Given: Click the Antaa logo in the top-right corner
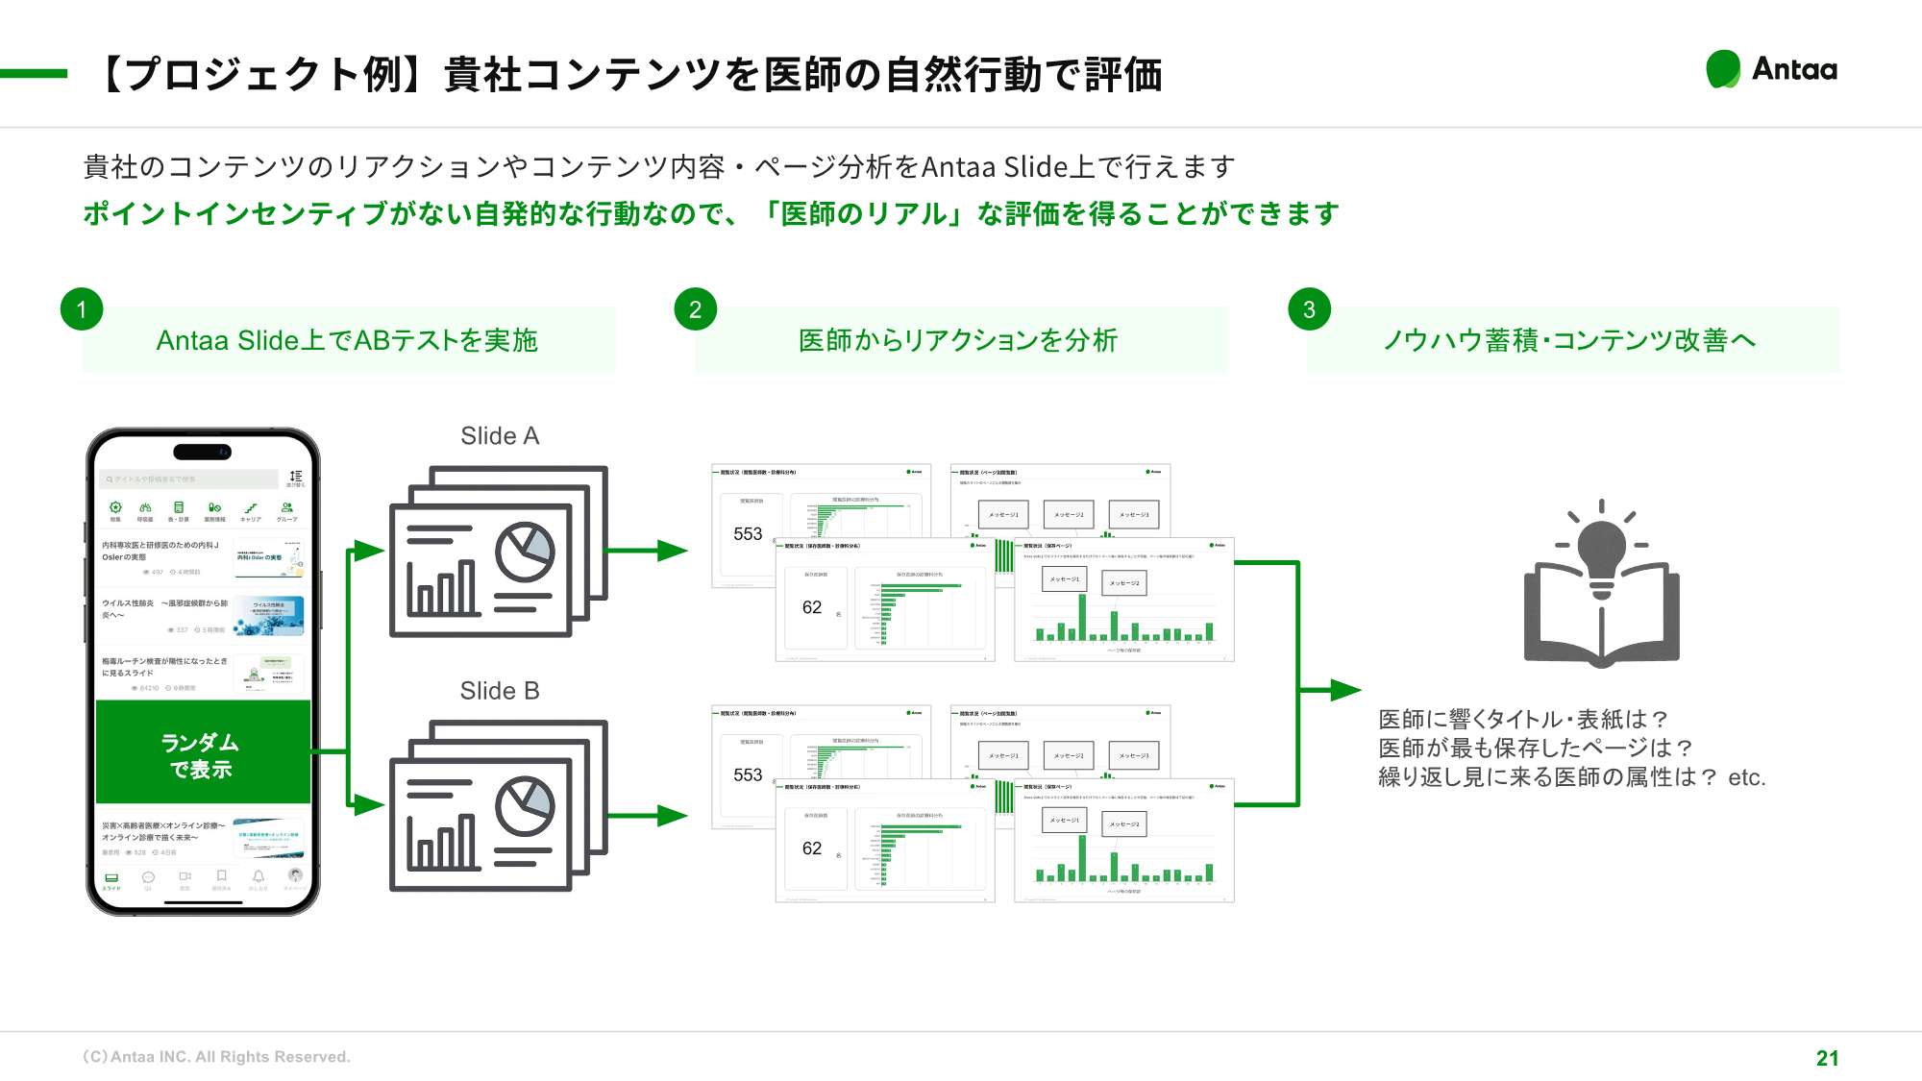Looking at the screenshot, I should [x=1771, y=69].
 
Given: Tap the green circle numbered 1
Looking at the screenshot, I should [x=82, y=309].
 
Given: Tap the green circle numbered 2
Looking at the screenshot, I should [x=695, y=309].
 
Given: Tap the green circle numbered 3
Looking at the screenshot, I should [x=1309, y=309].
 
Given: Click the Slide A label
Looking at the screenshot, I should [x=500, y=436].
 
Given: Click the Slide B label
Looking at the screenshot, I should [x=500, y=691].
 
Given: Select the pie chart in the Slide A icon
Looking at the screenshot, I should [x=525, y=552].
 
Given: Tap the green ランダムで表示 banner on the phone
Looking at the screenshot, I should [x=203, y=754].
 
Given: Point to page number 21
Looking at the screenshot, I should [x=1827, y=1058].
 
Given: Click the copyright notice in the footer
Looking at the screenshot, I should [x=216, y=1057].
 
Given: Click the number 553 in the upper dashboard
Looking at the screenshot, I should [x=748, y=534].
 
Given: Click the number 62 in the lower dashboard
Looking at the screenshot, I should [x=812, y=848].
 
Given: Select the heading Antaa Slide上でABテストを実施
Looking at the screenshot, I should [x=347, y=340].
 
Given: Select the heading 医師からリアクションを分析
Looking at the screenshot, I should [x=958, y=340].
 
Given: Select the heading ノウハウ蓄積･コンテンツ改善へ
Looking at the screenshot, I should [x=1569, y=340].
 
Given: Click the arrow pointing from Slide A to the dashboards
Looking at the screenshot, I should [x=649, y=551].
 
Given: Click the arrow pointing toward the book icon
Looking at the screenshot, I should [x=1331, y=689].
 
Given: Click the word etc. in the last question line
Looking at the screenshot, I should [x=1746, y=777].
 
